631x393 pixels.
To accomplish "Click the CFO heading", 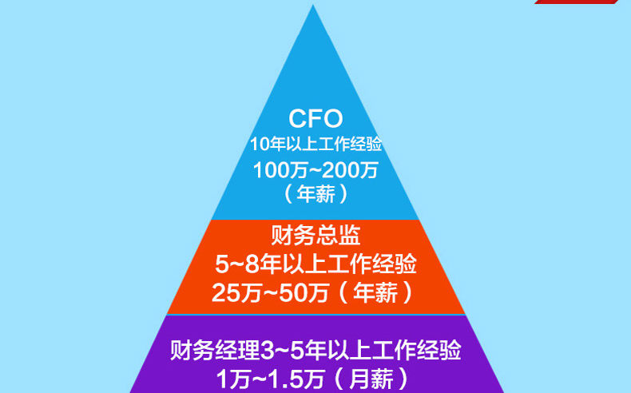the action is (315, 120).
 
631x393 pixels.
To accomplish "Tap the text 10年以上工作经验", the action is (315, 145).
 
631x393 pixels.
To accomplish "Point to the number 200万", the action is (354, 169).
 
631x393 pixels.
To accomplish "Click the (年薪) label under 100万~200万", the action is (315, 193).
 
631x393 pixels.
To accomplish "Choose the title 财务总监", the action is (315, 236).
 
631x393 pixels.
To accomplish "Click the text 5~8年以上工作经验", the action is (315, 263).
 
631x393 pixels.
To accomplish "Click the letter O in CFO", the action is (331, 120).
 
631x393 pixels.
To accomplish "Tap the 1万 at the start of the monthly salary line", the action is (230, 378).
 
